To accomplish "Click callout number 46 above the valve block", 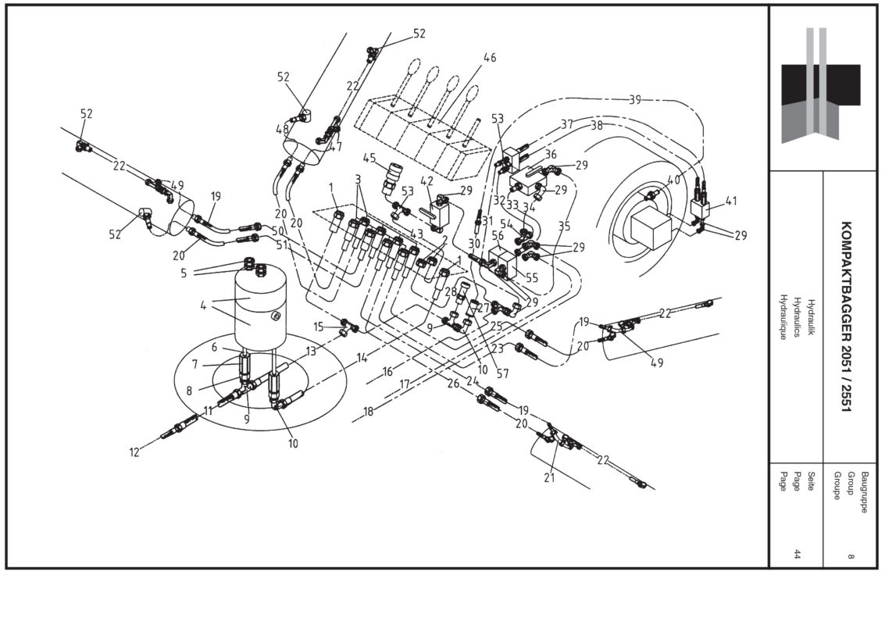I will (x=490, y=58).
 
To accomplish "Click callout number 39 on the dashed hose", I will (x=635, y=99).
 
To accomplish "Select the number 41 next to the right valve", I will (x=731, y=200).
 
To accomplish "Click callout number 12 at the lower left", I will (x=134, y=452).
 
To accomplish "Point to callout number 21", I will (x=549, y=478).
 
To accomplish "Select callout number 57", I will (x=502, y=374).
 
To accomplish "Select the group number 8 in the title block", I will (x=850, y=556).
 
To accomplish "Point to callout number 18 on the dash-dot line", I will (x=368, y=411).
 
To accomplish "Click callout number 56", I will (x=498, y=236).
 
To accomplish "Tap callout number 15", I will (x=319, y=326).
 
